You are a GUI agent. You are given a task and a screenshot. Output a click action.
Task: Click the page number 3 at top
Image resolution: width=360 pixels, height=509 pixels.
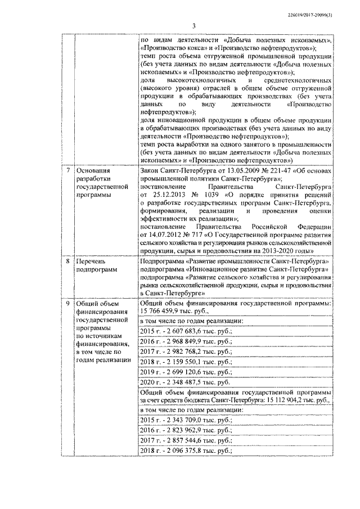click(x=192, y=25)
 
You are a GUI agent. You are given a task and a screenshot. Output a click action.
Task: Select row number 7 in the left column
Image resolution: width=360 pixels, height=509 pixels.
click(x=69, y=169)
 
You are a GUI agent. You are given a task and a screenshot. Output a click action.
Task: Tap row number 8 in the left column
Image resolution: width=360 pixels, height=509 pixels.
click(x=69, y=262)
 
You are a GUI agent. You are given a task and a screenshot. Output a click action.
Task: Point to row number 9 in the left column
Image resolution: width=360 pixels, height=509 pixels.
click(x=69, y=304)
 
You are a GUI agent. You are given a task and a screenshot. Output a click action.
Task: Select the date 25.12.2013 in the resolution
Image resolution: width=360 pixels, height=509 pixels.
click(x=161, y=195)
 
